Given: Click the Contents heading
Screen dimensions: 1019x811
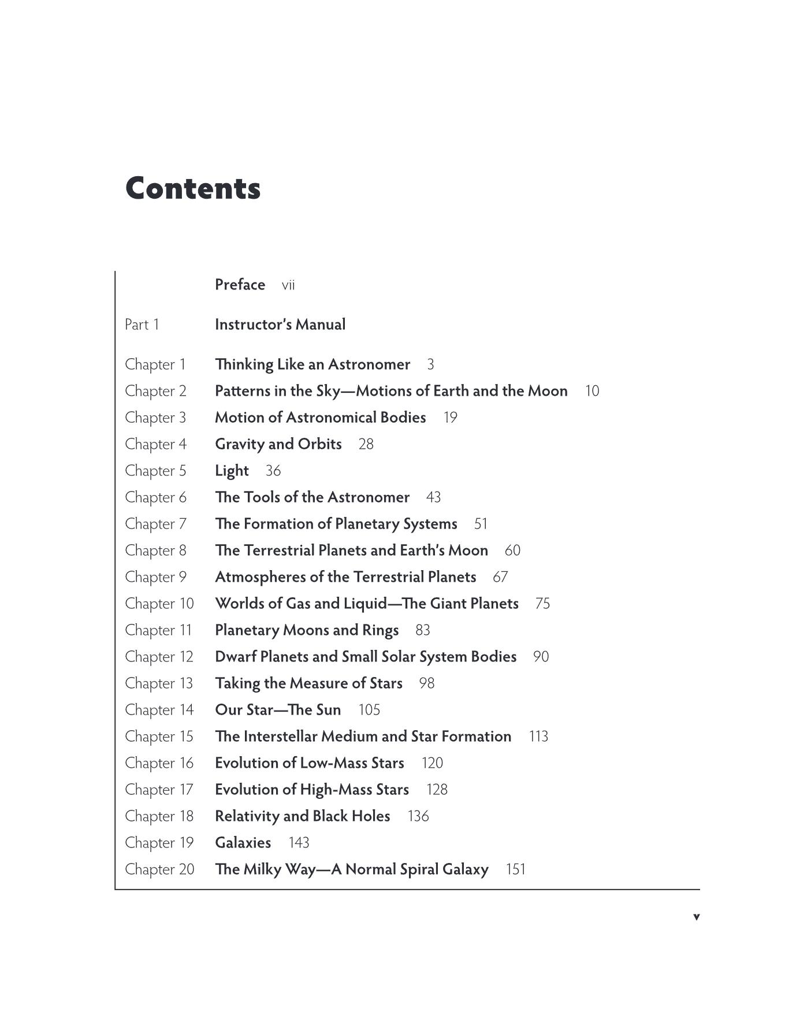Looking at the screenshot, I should [x=193, y=188].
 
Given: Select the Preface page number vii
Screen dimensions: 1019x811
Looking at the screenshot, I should [x=288, y=285].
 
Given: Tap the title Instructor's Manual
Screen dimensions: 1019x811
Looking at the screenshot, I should [x=280, y=325].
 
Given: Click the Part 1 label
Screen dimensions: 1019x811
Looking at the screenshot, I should [x=142, y=325].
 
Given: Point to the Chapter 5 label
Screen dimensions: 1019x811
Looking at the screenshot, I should [x=156, y=471].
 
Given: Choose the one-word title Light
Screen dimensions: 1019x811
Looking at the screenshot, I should [x=232, y=471].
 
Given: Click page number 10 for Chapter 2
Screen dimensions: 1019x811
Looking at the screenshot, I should [x=592, y=391].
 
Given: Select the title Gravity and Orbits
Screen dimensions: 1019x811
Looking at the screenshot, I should [x=278, y=444].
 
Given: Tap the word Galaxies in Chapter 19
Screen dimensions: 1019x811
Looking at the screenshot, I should [x=243, y=843].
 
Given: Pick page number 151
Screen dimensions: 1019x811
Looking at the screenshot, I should [x=515, y=869].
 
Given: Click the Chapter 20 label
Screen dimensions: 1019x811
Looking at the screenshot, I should [x=159, y=869].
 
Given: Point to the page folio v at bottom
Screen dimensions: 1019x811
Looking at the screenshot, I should [x=696, y=917].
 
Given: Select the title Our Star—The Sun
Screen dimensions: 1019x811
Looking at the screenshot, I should [x=278, y=710].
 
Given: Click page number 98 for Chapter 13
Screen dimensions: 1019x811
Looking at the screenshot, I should [x=426, y=683].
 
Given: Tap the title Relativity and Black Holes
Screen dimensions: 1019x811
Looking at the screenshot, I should [x=303, y=816].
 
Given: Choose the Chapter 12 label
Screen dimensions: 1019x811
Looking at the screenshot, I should [x=159, y=657].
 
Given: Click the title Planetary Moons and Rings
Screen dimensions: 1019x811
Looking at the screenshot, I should [x=307, y=630].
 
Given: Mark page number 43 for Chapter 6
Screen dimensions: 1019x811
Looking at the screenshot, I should [x=433, y=497].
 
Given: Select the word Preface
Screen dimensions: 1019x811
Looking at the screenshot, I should [x=240, y=285].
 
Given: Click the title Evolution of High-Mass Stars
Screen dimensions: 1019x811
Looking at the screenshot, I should [x=312, y=790].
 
